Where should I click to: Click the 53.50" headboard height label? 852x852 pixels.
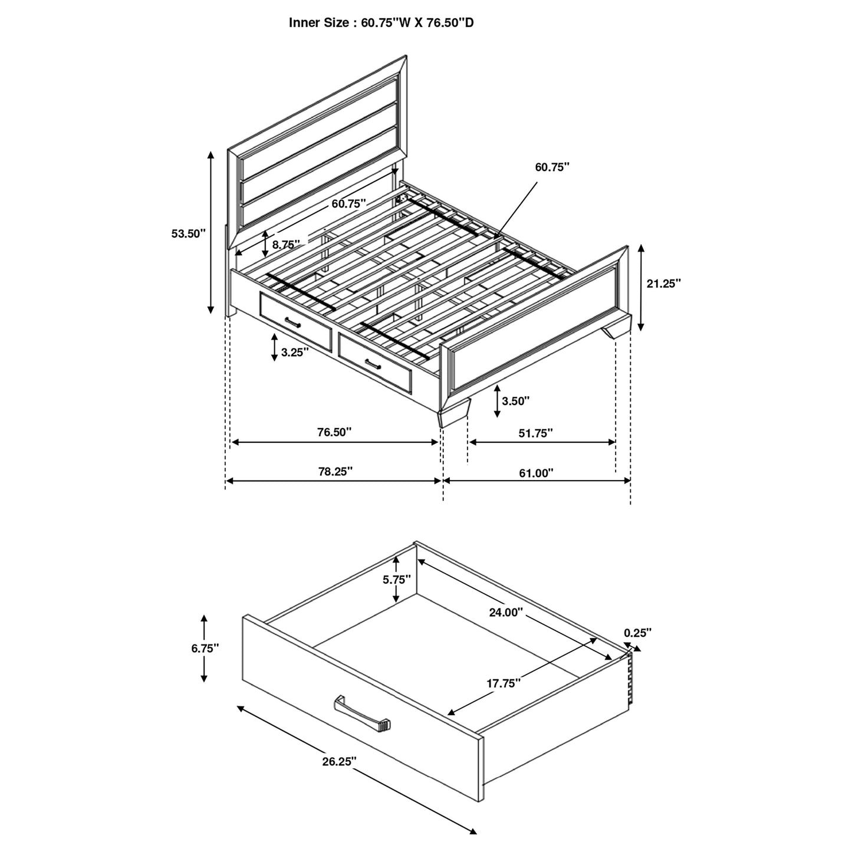click(x=188, y=233)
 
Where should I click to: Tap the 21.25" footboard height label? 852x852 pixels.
click(x=663, y=283)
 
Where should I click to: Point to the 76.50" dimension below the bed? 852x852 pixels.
click(x=334, y=432)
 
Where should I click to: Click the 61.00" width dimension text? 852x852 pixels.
click(x=536, y=472)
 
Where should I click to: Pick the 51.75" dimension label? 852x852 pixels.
click(x=535, y=433)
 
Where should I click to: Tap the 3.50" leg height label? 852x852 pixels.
click(x=515, y=401)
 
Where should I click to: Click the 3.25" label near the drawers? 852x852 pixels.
click(x=294, y=353)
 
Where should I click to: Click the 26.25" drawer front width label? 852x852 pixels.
click(x=340, y=761)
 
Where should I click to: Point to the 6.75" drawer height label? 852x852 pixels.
click(x=205, y=648)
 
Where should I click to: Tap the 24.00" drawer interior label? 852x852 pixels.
click(x=506, y=612)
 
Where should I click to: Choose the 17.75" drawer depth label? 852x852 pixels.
click(x=504, y=683)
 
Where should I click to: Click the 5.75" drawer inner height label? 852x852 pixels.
click(x=396, y=580)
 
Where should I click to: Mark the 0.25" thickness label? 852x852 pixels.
click(x=637, y=633)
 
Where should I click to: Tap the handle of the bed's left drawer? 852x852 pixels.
click(x=292, y=321)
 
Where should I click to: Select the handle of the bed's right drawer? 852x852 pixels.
click(x=373, y=363)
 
